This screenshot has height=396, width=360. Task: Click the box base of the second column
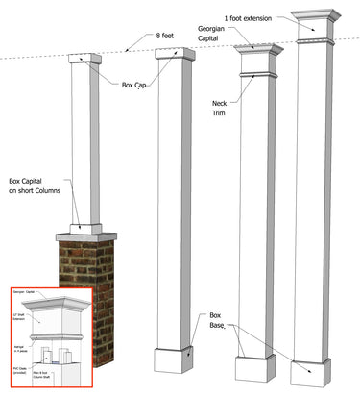[x=176, y=359]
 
